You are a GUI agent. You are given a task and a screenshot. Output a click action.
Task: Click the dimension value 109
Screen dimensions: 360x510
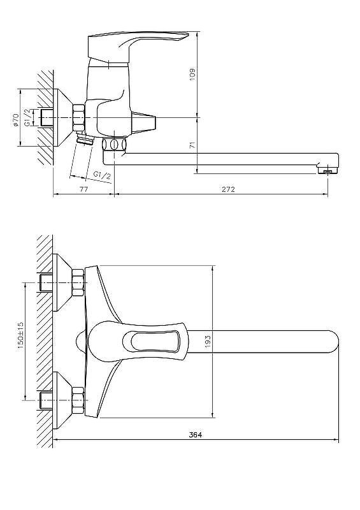(192, 74)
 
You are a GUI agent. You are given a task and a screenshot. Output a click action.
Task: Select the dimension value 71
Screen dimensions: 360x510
(193, 145)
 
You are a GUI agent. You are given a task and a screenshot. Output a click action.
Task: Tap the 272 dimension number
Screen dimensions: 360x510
(228, 189)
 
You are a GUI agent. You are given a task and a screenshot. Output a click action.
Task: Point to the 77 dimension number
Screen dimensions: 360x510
(83, 189)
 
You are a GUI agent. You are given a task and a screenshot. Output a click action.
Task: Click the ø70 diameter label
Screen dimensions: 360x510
(15, 120)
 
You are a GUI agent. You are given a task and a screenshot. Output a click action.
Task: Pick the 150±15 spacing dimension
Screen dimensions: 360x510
(21, 336)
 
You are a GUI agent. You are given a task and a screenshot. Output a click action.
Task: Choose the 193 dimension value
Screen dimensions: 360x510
(208, 341)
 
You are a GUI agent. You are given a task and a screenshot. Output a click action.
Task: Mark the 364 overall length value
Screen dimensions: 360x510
(196, 435)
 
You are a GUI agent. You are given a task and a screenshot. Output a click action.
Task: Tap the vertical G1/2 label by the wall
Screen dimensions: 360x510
(28, 117)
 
